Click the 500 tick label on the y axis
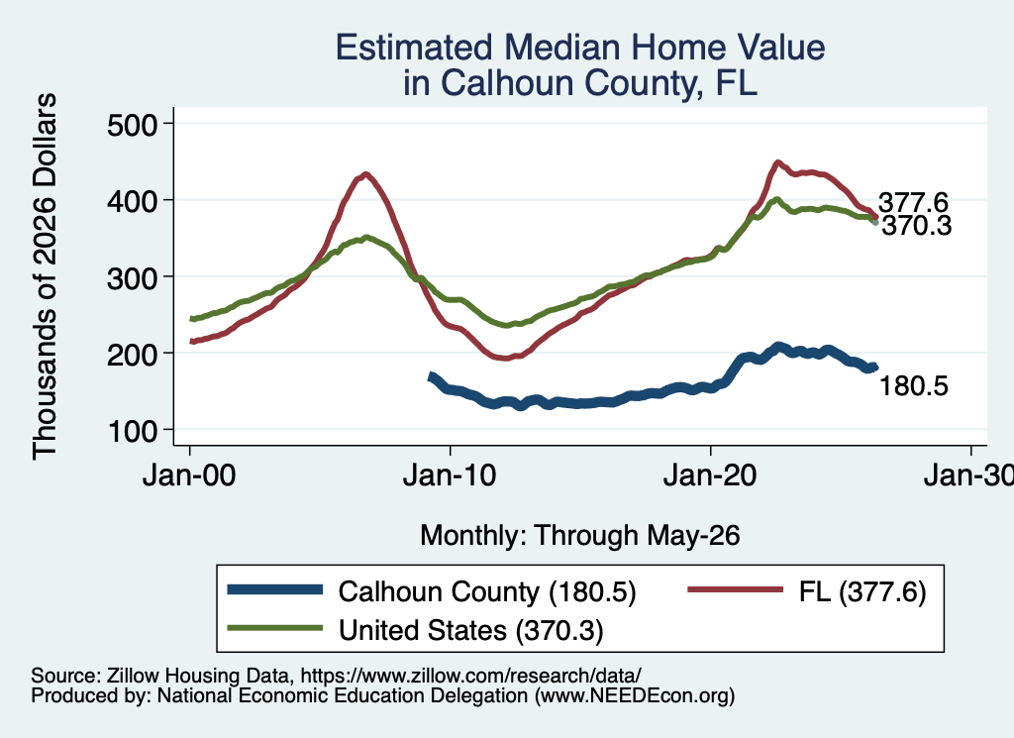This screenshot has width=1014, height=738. [132, 125]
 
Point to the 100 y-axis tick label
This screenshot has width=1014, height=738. [132, 432]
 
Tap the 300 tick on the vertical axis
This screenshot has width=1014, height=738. [132, 278]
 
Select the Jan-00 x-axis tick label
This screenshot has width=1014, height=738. [189, 476]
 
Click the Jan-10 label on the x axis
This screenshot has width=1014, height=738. [450, 476]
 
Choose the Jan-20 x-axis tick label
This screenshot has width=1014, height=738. [710, 476]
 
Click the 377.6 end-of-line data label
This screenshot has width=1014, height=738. [913, 202]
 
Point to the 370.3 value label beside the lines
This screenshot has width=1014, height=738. [917, 226]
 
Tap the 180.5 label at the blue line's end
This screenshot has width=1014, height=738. [914, 386]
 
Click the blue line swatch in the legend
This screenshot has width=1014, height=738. [275, 589]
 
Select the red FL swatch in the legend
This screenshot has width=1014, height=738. [736, 589]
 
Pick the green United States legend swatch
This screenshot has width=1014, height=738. [275, 628]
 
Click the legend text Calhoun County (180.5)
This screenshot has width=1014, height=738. [487, 591]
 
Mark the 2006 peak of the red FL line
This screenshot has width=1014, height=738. [366, 174]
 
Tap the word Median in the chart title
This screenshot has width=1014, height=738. [562, 48]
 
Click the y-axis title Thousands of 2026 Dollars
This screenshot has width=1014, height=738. [45, 276]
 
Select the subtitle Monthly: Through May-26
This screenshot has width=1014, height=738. [580, 536]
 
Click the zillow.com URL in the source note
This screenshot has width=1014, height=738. [470, 676]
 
